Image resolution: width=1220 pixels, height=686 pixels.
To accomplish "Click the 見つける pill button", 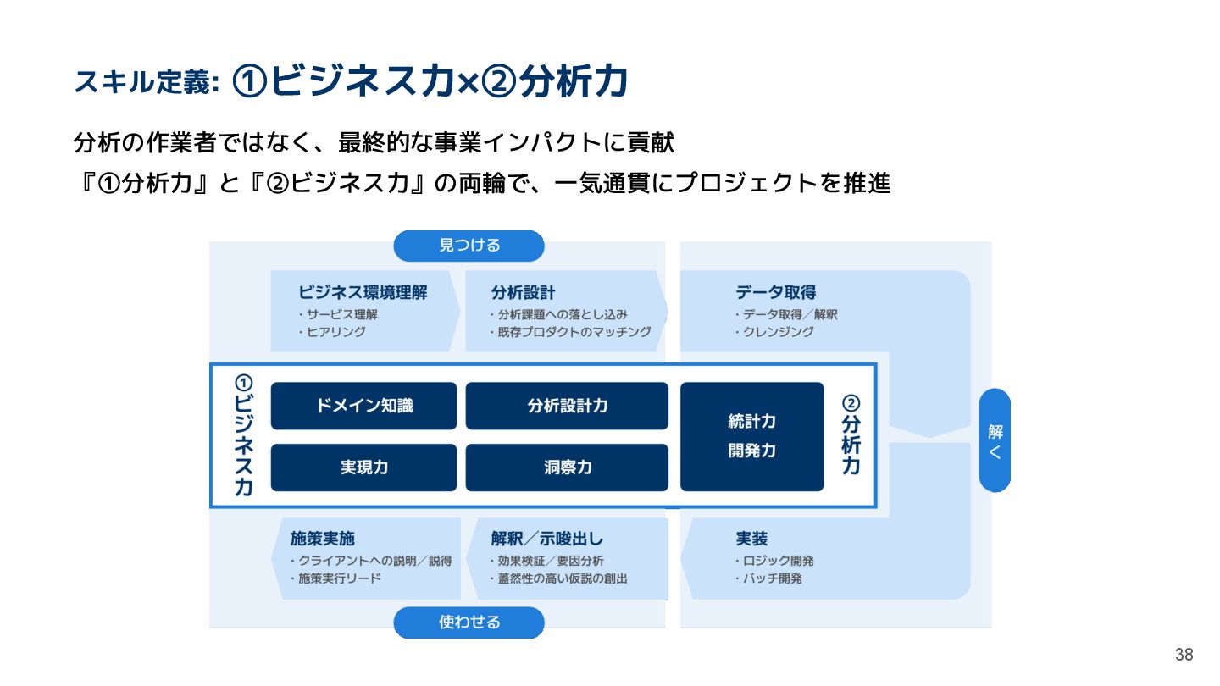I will [x=469, y=246].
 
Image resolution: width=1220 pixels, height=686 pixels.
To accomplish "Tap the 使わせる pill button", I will [x=469, y=622].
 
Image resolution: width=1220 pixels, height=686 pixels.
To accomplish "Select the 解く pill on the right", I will [x=995, y=440].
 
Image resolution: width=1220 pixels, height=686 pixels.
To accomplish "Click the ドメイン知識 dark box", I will [x=363, y=406].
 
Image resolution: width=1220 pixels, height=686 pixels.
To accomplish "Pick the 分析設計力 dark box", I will [x=567, y=406].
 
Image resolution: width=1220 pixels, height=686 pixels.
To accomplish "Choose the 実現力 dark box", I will [x=363, y=467].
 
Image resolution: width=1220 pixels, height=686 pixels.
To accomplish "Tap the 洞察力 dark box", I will [x=567, y=467].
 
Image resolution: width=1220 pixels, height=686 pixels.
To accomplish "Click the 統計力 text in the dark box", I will [x=751, y=422].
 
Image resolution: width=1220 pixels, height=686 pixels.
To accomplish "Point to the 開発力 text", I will [x=751, y=451].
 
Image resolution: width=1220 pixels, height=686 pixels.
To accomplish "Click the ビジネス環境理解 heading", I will [x=363, y=293].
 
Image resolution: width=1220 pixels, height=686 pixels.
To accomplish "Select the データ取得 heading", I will [x=775, y=293].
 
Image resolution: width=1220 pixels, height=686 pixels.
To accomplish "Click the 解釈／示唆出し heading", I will [x=547, y=539].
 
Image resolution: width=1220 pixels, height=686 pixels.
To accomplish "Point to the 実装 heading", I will [x=751, y=539].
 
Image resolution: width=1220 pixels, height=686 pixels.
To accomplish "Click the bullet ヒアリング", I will [x=335, y=332].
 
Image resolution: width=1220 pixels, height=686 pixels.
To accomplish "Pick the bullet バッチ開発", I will [x=772, y=578].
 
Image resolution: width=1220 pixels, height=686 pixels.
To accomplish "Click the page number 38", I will [x=1184, y=655].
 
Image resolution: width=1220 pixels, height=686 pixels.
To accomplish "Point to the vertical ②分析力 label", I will [x=851, y=435].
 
